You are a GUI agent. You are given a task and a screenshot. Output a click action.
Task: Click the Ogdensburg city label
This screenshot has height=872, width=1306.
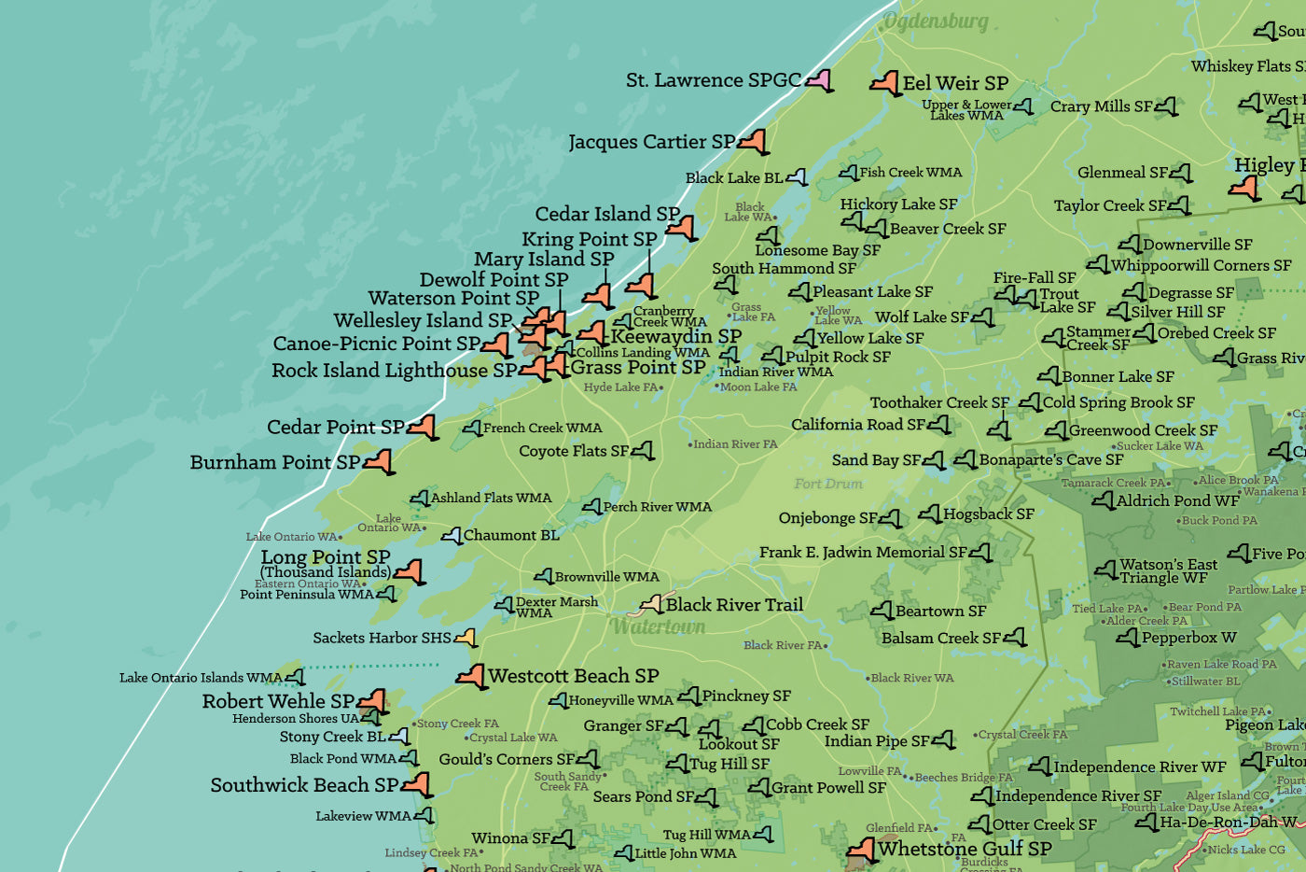tap(935, 21)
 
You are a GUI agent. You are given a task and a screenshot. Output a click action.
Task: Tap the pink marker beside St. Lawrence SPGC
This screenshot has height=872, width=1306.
tap(819, 80)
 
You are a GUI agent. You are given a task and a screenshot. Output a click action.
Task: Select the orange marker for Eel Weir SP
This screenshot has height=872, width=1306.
tap(885, 83)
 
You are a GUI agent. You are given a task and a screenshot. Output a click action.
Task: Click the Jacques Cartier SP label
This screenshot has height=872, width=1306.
tap(651, 142)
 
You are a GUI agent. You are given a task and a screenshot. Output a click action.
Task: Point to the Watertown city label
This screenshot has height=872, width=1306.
tap(659, 626)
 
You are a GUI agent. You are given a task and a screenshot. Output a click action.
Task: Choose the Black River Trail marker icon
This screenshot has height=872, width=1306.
tap(651, 604)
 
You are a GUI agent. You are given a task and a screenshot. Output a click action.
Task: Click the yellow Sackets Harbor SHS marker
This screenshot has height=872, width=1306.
tap(465, 638)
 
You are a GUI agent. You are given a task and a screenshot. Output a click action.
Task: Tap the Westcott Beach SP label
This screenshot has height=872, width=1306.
tap(573, 675)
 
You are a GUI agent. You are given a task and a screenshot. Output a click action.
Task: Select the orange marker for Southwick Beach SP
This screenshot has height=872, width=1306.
tap(416, 784)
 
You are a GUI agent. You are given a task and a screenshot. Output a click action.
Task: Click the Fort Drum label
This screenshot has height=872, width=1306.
tap(828, 484)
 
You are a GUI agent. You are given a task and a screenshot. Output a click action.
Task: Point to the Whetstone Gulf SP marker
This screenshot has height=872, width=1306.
tap(862, 849)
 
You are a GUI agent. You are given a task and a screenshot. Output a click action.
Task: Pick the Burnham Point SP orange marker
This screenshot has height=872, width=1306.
tap(379, 461)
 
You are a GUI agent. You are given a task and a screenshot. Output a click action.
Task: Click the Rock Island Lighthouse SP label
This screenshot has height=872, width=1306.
tap(394, 371)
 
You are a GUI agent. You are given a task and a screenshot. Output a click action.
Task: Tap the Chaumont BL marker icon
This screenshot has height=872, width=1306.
tap(452, 536)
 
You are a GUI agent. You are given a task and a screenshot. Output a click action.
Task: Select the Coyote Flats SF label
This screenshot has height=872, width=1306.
tap(574, 451)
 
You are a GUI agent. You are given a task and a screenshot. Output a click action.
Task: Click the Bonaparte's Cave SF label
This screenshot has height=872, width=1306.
tap(1050, 459)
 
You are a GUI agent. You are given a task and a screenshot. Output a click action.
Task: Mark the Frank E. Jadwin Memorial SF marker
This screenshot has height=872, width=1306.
tap(980, 553)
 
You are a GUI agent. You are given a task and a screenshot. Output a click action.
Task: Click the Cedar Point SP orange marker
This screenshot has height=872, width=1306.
tap(423, 427)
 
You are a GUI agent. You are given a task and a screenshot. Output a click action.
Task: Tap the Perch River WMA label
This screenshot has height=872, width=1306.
tap(657, 507)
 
